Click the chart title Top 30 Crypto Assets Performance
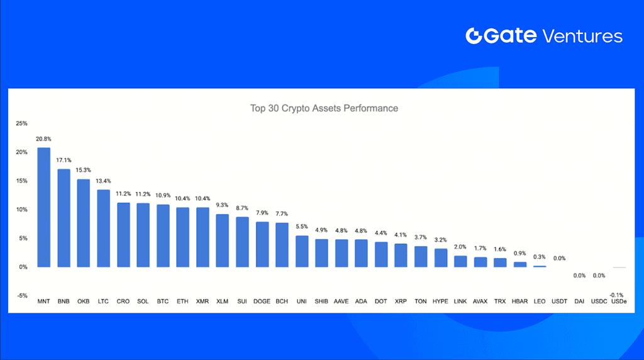tap(324, 108)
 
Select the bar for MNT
tap(44, 207)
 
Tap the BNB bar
tap(64, 218)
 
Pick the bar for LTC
tap(104, 228)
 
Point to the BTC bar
tap(163, 235)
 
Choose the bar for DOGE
tap(262, 244)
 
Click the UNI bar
tap(302, 251)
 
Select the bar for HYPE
tap(441, 257)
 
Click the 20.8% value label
tap(44, 138)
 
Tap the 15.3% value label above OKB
tap(84, 170)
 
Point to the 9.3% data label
tap(223, 205)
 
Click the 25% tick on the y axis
tap(22, 123)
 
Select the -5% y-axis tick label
tap(22, 296)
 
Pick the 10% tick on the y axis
tap(22, 210)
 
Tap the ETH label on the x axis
tap(182, 302)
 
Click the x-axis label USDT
tap(560, 302)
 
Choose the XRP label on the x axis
tap(401, 302)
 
